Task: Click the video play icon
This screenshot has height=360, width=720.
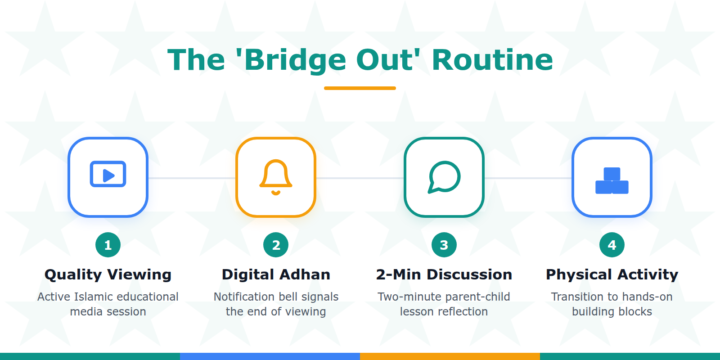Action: [x=108, y=174]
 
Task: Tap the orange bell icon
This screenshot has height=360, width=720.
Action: [x=276, y=177]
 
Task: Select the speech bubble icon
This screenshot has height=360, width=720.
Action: [x=444, y=177]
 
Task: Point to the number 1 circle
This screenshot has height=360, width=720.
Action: [x=108, y=245]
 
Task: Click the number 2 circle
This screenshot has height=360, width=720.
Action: [x=276, y=245]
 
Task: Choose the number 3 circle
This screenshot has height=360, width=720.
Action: [x=444, y=245]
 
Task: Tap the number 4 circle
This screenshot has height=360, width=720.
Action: [x=612, y=245]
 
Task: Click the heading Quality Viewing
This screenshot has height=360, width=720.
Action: [x=108, y=274]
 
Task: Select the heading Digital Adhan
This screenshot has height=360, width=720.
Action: [x=276, y=274]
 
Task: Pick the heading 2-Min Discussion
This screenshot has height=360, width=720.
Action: [x=444, y=274]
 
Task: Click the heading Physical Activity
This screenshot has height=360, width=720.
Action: [x=612, y=274]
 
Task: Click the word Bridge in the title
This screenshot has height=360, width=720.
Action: [x=295, y=60]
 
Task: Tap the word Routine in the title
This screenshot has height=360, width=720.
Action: [x=492, y=60]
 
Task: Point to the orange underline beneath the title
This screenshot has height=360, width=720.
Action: [x=360, y=88]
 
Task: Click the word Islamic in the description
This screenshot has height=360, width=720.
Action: [x=94, y=297]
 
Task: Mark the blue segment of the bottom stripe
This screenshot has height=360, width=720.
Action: [x=270, y=356]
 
